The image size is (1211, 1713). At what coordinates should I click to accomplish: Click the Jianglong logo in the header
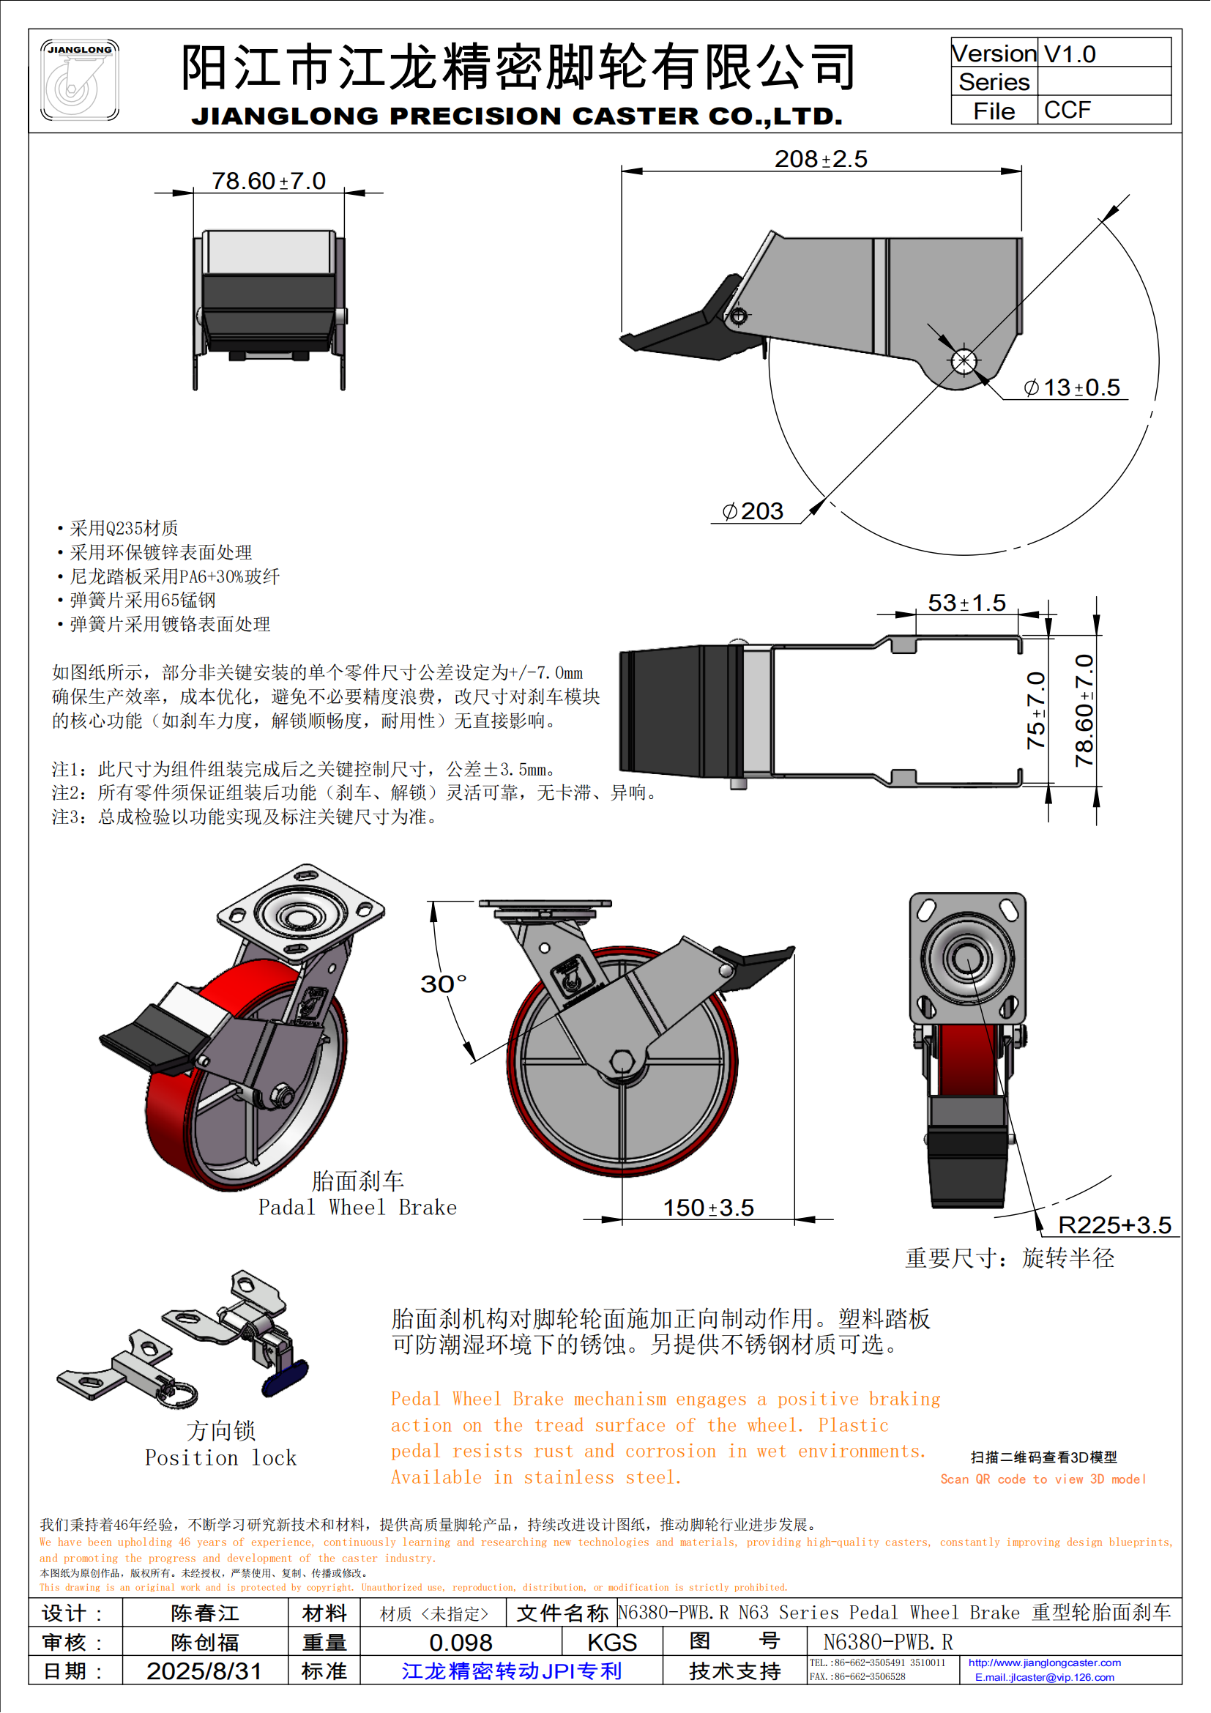tap(79, 80)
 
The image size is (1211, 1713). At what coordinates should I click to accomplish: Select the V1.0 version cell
tap(1070, 53)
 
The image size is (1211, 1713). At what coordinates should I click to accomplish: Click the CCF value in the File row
tap(1067, 111)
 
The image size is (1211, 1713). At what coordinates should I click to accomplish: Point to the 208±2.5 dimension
tap(820, 159)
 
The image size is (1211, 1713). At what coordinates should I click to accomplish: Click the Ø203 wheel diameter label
tap(753, 511)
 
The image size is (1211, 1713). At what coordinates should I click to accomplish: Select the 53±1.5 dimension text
tap(966, 602)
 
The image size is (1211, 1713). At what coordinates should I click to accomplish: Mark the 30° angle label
tap(443, 984)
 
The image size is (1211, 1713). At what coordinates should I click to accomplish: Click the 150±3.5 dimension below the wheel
tap(709, 1207)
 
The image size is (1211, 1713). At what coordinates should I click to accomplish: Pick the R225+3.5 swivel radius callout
tap(1114, 1225)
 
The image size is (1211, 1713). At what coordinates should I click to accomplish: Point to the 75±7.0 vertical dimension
tap(1036, 710)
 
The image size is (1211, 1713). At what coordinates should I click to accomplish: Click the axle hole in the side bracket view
tap(964, 361)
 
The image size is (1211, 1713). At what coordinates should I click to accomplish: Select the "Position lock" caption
tap(220, 1457)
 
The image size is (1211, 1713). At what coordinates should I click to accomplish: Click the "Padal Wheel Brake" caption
tap(357, 1207)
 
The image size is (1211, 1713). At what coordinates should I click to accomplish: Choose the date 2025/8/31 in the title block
tap(204, 1671)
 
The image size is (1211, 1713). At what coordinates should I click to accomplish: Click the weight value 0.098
tap(460, 1642)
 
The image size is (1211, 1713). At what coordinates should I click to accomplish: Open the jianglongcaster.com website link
tap(1044, 1662)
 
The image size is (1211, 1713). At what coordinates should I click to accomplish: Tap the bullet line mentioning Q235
tap(124, 528)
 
